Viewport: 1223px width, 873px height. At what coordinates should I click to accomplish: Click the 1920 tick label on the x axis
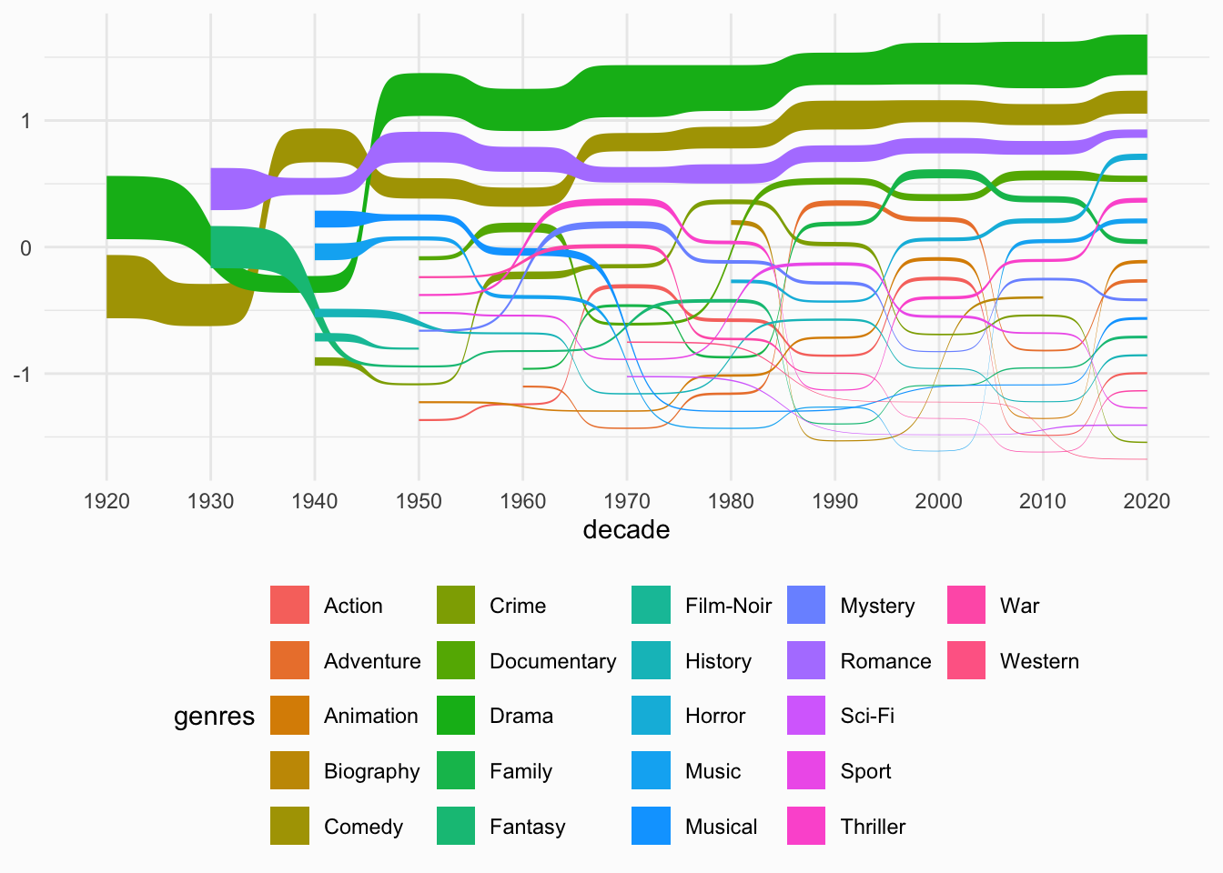click(x=106, y=501)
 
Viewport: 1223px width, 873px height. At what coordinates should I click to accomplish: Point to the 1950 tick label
click(x=419, y=501)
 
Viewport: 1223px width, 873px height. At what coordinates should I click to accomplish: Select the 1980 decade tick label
click(x=731, y=501)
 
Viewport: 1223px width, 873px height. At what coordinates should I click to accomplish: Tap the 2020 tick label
click(x=1146, y=501)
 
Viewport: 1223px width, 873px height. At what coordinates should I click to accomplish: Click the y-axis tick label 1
click(x=25, y=121)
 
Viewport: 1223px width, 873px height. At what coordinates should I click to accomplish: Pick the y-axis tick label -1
click(x=22, y=375)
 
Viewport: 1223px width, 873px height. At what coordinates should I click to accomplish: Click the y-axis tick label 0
click(x=25, y=247)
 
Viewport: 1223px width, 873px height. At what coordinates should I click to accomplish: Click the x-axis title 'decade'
click(x=626, y=530)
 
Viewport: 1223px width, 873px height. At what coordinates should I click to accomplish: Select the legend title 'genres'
click(x=214, y=717)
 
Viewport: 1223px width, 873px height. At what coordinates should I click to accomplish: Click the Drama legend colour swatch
click(x=456, y=716)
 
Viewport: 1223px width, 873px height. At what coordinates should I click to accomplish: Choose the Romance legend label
click(x=885, y=661)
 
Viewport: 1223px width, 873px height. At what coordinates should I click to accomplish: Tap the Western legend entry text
click(x=1039, y=661)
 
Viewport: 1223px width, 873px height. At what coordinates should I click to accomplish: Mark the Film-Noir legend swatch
click(x=651, y=606)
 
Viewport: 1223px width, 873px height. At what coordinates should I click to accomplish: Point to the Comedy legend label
click(x=363, y=827)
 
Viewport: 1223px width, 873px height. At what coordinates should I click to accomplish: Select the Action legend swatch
click(x=289, y=606)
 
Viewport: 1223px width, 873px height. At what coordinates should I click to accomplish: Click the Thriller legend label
click(x=873, y=827)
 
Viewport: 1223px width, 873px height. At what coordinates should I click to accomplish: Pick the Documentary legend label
click(x=552, y=661)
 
